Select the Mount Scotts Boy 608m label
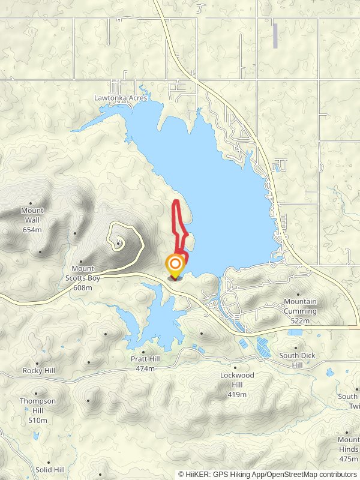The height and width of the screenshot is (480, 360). (x=83, y=278)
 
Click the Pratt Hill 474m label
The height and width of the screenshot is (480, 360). (x=146, y=364)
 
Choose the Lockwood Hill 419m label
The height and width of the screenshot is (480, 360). (x=237, y=385)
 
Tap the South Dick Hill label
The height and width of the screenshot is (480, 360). (x=297, y=360)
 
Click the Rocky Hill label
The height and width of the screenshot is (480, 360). (x=39, y=371)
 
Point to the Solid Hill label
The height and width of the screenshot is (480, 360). (x=50, y=469)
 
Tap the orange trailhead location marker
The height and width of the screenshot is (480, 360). (x=175, y=265)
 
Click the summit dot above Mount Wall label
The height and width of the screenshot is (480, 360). (x=30, y=203)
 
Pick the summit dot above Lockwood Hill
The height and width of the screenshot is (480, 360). (x=235, y=367)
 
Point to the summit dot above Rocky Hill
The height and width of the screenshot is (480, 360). (x=37, y=363)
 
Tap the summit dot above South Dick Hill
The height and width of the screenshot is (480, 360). (x=296, y=347)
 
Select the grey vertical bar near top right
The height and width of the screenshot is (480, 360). (x=275, y=36)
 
